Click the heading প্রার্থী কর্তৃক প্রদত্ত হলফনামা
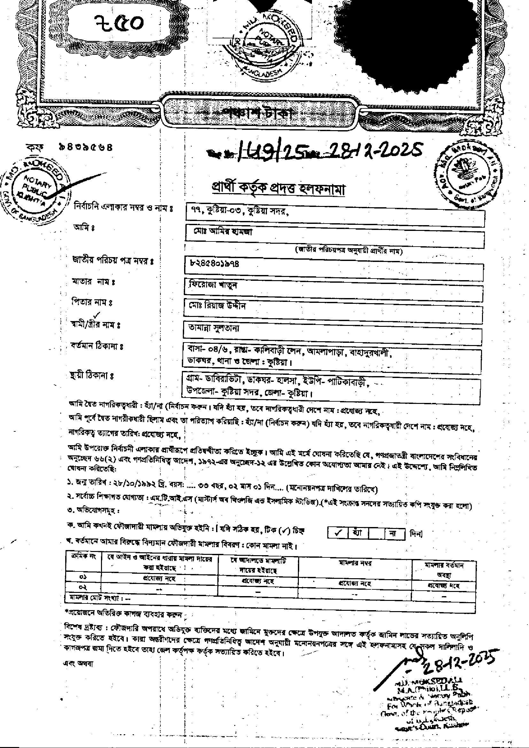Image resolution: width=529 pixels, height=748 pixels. [x=278, y=189]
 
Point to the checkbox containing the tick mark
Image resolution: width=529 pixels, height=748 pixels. [x=338, y=533]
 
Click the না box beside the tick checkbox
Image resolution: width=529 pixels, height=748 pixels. [x=394, y=533]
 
